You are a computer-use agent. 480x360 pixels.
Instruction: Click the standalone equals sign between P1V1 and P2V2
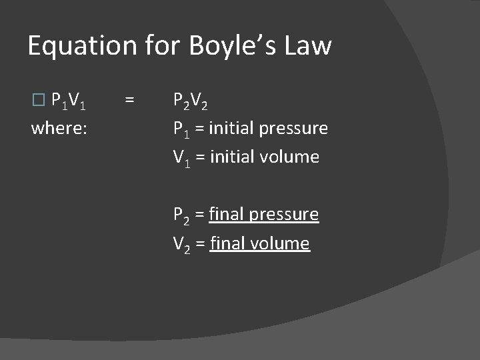point(129,101)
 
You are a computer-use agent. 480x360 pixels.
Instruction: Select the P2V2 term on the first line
point(192,101)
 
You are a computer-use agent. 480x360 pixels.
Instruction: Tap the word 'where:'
point(59,127)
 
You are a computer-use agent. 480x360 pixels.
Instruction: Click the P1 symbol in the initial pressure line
point(181,129)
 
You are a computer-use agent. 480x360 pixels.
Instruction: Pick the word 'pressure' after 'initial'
point(293,128)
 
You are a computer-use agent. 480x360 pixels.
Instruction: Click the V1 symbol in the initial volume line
point(181,158)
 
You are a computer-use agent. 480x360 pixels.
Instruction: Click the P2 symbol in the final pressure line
point(182,215)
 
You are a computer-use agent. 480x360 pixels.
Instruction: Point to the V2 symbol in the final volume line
point(182,245)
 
